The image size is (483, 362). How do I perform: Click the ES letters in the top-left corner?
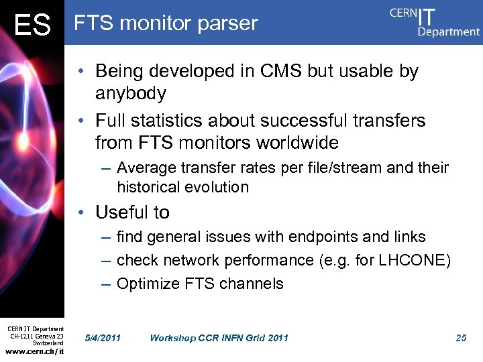[x=32, y=25]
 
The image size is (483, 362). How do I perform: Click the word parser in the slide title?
[x=227, y=24]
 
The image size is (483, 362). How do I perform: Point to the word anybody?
[x=131, y=93]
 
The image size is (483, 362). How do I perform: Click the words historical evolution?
[x=182, y=187]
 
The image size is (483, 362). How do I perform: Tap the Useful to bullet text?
[x=132, y=213]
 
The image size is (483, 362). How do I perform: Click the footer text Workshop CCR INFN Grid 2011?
[x=219, y=338]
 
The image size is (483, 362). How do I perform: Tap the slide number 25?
[x=461, y=338]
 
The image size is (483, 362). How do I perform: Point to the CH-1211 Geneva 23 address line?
[x=36, y=336]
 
